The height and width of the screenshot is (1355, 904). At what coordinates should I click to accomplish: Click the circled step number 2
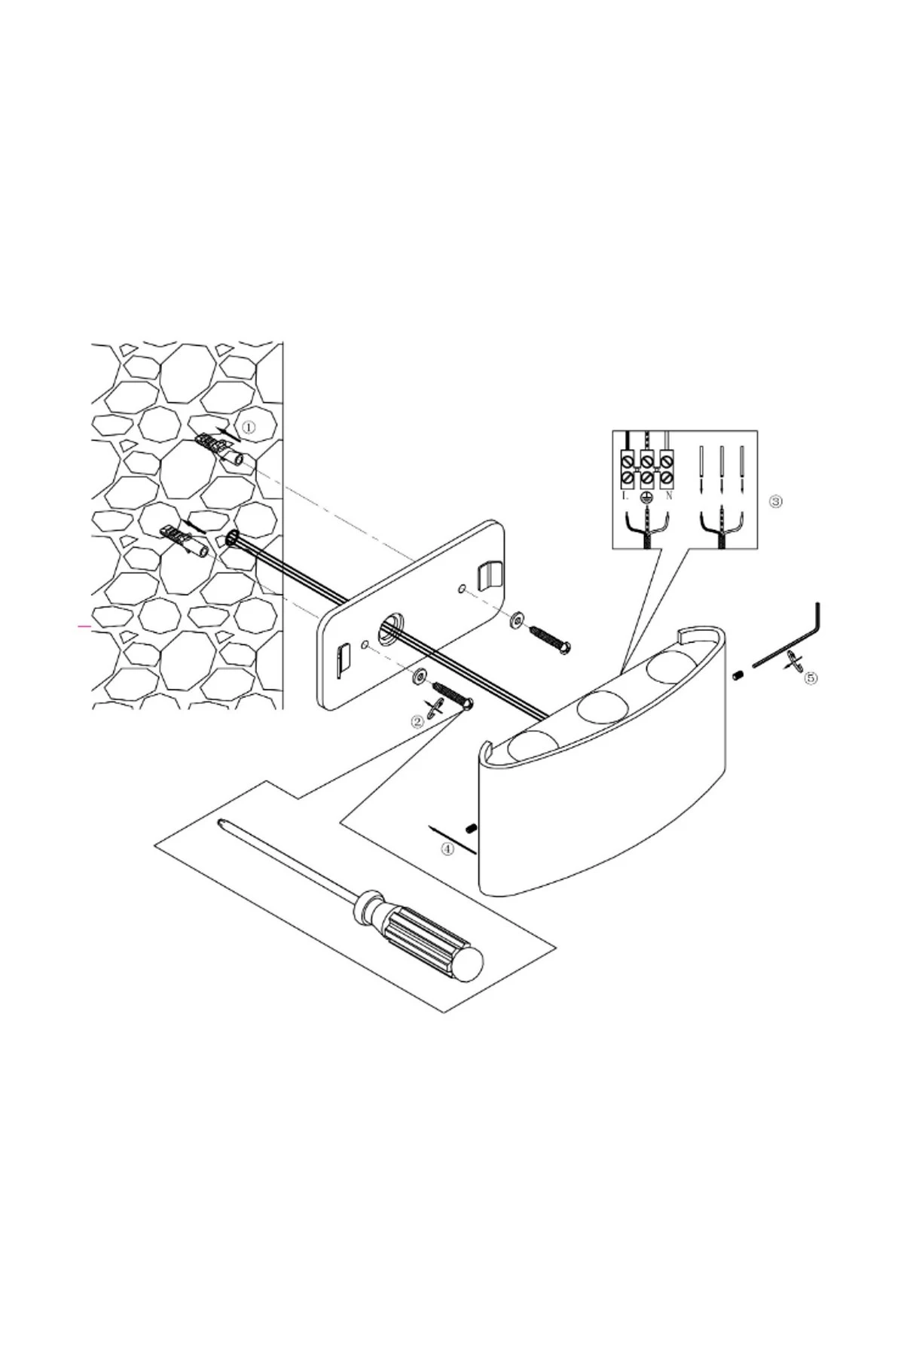coord(417,721)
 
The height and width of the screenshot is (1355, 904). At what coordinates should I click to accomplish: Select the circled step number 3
coord(777,501)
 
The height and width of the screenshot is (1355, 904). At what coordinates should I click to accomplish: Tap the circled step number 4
coord(447,848)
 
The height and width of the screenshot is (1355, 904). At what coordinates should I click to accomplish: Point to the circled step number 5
coord(811,677)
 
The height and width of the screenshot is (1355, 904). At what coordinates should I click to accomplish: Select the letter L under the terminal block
coord(626,496)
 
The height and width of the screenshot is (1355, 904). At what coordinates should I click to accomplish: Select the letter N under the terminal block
coord(668,496)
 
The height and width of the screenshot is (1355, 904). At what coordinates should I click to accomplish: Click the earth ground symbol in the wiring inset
coord(646,498)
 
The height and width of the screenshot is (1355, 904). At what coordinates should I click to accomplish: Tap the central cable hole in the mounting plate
coord(391,629)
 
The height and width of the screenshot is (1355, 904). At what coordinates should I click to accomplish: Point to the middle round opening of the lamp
coord(598,705)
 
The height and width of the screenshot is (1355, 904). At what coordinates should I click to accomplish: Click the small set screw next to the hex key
coord(739,675)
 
